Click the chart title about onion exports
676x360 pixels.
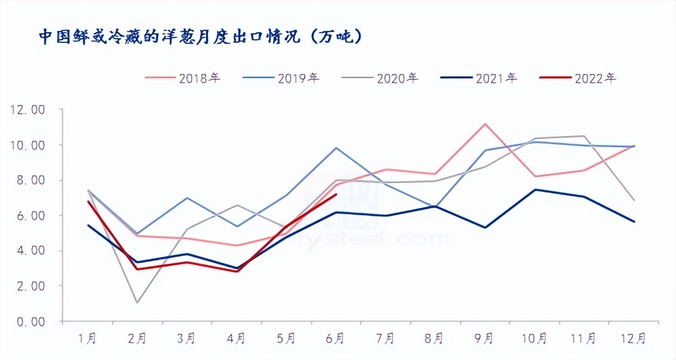tap(200, 37)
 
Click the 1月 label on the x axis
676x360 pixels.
tap(88, 339)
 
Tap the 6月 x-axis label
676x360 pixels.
tap(336, 339)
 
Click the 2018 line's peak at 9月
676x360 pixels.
tap(485, 124)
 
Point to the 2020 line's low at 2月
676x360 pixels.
tap(138, 303)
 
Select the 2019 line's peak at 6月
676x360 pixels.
tap(336, 148)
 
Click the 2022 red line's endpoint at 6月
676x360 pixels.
tap(337, 194)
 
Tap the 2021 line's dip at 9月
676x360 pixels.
tap(485, 228)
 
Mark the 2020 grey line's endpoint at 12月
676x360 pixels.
tap(634, 200)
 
